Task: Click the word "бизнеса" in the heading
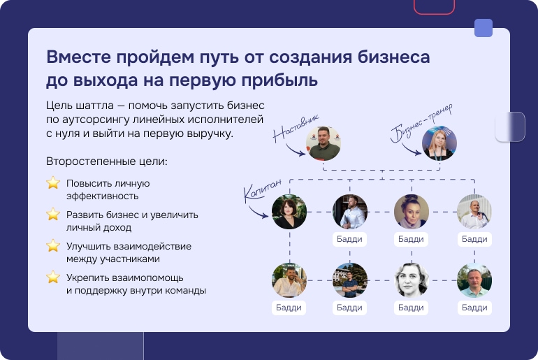(394, 57)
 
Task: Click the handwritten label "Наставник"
(296, 129)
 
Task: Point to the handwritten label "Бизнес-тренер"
(421, 123)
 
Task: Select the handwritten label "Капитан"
(263, 189)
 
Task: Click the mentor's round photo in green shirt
(323, 143)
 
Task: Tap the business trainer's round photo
(439, 143)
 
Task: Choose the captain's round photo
(289, 212)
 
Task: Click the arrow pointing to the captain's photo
(258, 213)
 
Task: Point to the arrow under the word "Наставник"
(295, 151)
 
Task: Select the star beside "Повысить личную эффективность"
(53, 183)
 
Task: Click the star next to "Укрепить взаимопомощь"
(53, 277)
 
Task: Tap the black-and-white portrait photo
(412, 280)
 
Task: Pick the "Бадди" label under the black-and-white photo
(411, 308)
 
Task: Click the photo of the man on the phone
(289, 280)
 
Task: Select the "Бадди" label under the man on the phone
(289, 308)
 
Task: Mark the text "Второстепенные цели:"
(107, 161)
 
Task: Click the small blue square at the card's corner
(484, 28)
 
